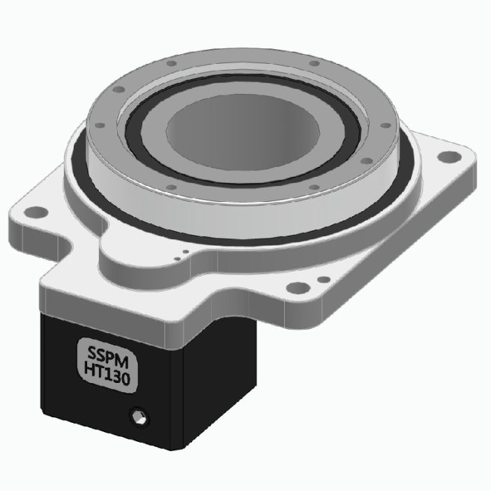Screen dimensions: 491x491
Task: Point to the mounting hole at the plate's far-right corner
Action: click(446, 158)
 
